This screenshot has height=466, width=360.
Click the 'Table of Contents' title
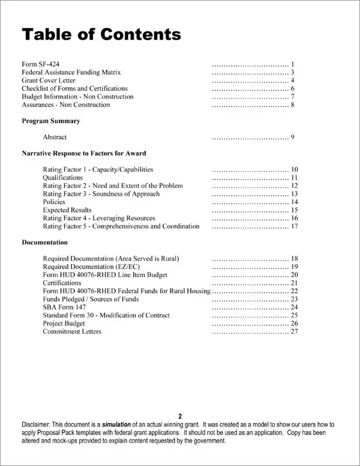pyautogui.click(x=101, y=34)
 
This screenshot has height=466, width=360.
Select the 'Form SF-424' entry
pyautogui.click(x=40, y=64)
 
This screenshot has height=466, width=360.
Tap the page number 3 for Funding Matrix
pyautogui.click(x=292, y=72)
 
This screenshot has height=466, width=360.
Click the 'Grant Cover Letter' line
pyautogui.click(x=49, y=80)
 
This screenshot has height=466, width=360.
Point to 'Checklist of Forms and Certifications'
pyautogui.click(x=74, y=88)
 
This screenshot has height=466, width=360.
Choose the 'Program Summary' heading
pyautogui.click(x=51, y=121)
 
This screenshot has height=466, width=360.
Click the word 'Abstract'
pyautogui.click(x=55, y=137)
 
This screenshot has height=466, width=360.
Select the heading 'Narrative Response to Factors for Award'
pyautogui.click(x=83, y=153)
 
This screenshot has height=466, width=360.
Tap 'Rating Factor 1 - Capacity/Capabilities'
pyautogui.click(x=98, y=169)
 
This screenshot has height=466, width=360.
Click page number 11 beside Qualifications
pyautogui.click(x=294, y=178)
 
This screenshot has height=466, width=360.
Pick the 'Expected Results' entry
pyautogui.click(x=67, y=210)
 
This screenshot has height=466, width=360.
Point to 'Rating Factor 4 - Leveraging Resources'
pyautogui.click(x=99, y=218)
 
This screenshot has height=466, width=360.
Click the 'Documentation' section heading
pyautogui.click(x=44, y=242)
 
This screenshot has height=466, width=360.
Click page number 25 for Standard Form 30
pyautogui.click(x=294, y=315)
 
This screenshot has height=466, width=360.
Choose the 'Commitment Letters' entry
pyautogui.click(x=72, y=331)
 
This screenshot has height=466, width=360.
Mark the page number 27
pyautogui.click(x=294, y=331)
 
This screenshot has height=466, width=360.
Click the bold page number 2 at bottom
pyautogui.click(x=179, y=416)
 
